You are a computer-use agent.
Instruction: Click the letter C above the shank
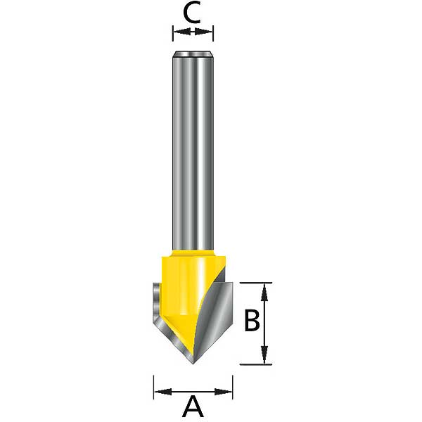[193, 13]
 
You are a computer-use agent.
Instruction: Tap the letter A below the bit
[193, 407]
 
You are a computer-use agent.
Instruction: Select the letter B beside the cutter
[252, 321]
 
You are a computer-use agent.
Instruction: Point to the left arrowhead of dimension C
[177, 32]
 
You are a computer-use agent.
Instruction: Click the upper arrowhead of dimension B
[265, 288]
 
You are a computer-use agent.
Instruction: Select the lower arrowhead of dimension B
[265, 359]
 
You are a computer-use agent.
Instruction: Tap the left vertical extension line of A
[154, 387]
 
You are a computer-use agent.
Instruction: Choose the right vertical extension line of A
[233, 387]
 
